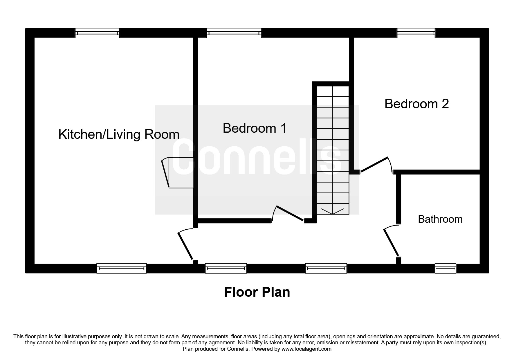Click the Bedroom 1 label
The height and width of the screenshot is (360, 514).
pos(255,128)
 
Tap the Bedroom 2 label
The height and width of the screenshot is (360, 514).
pos(416,104)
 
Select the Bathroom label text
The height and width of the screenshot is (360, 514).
pos(440,219)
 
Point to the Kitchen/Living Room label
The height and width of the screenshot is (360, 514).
pos(119,134)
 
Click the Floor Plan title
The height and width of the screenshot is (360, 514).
pos(257,292)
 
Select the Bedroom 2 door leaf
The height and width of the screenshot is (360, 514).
pos(374,165)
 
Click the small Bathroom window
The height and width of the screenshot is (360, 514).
pos(445,268)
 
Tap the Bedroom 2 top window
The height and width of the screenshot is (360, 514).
pos(416,33)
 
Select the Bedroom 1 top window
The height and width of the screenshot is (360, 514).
pos(234,33)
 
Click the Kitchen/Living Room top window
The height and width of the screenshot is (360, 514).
pos(97,33)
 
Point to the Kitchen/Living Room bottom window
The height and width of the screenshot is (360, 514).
pos(121,268)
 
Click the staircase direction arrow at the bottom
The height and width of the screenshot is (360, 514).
pos(332,211)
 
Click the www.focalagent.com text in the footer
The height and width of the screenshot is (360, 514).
pos(306,349)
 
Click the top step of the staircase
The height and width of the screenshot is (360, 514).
pos(332,91)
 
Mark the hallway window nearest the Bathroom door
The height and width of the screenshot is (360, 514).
pos(326,268)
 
